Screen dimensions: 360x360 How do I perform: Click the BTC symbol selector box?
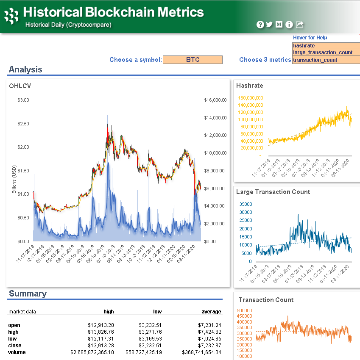point(193,60)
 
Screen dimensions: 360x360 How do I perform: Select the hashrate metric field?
point(326,46)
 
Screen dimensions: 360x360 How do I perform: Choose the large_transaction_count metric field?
point(326,53)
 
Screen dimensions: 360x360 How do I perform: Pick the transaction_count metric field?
point(326,60)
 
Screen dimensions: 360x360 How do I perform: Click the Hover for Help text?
point(310,38)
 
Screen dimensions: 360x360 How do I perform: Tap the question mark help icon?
point(260,25)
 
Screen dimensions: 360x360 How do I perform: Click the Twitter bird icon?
point(269,25)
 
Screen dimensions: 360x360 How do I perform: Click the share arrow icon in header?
point(299,25)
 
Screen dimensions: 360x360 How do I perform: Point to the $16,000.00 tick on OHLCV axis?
point(215,100)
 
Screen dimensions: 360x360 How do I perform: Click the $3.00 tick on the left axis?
point(23,100)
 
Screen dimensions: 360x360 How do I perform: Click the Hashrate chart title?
point(249,86)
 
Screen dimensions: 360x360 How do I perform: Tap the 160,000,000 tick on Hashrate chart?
point(251,98)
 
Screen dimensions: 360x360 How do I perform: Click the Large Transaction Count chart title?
point(273,192)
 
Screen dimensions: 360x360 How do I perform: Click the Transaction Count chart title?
point(266,300)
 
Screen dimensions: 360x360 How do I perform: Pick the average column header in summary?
point(211,312)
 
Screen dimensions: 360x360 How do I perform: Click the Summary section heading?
point(28,294)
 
